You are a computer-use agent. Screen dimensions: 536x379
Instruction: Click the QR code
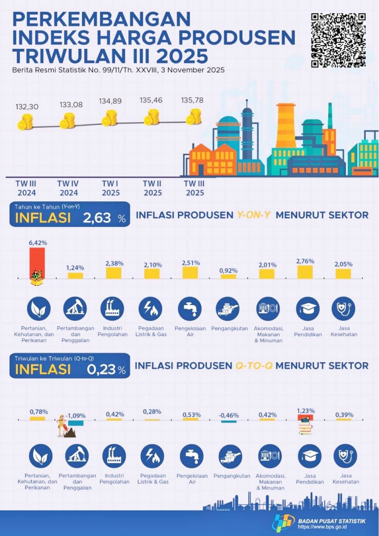(339, 39)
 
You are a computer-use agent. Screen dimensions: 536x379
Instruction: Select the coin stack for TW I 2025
(109, 118)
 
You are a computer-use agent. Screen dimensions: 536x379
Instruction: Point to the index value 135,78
(193, 101)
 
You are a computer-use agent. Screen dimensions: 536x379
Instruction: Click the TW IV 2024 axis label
(68, 188)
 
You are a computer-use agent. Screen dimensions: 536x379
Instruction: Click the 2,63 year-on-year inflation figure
(98, 218)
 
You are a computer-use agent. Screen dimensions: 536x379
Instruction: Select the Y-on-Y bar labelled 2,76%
(304, 272)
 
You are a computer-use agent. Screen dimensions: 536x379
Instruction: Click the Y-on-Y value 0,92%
(228, 270)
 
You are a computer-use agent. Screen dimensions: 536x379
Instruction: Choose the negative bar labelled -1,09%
(76, 423)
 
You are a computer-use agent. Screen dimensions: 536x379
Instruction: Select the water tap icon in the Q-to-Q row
(191, 456)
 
